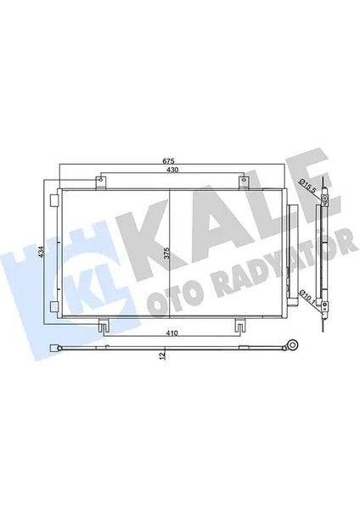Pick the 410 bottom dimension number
coord(173,334)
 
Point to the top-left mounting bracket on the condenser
coord(100,181)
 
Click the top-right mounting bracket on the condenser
coord(245,181)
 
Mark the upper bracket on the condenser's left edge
coord(54,201)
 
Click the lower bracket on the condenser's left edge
coord(54,306)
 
